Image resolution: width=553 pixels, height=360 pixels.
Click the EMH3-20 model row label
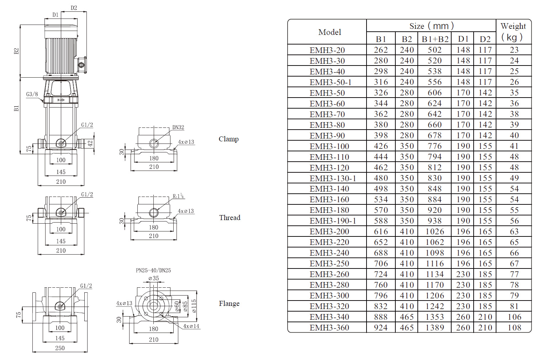327,50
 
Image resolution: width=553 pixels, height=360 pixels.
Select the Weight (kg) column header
513,32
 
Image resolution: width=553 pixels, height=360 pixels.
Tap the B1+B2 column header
435,39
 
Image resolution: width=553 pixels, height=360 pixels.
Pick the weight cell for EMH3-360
514,328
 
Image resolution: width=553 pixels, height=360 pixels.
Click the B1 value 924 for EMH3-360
381,328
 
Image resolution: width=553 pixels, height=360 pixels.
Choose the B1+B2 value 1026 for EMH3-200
435,231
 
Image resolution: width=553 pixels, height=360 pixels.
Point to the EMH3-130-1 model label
333,178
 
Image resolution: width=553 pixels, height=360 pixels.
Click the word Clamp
228,139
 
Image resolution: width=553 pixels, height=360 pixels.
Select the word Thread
230,218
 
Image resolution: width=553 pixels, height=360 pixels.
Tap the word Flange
229,303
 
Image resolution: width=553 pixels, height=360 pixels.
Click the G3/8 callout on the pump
32,94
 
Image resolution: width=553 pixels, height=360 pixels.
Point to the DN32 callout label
178,127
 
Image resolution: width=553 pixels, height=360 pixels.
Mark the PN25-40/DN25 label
153,270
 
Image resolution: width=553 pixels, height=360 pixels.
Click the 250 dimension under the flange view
60,348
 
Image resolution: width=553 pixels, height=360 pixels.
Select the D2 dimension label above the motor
74,8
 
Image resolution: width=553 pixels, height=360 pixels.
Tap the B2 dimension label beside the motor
16,51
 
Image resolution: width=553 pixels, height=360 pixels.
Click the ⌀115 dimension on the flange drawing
194,306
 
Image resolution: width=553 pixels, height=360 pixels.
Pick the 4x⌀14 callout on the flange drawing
191,326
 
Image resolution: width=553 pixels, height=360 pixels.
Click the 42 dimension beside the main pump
90,143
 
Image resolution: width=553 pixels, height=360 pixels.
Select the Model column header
330,32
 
